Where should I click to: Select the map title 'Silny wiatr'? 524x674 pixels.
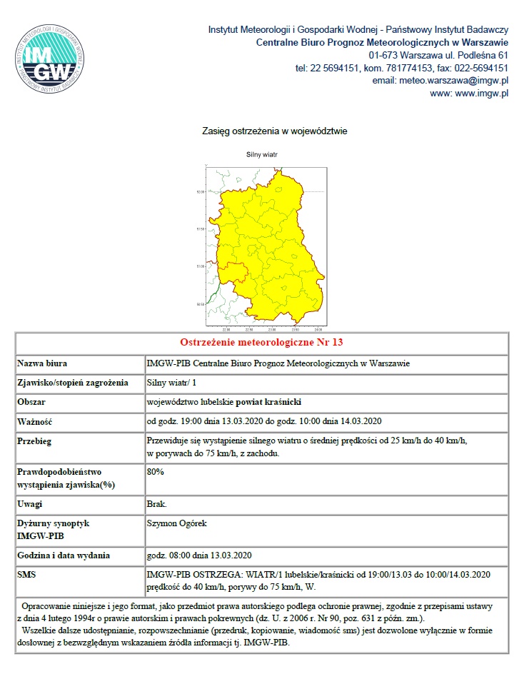pyautogui.click(x=262, y=154)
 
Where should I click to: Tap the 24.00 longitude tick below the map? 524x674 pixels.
pyautogui.click(x=317, y=330)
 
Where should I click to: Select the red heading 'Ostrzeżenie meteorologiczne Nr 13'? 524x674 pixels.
pyautogui.click(x=262, y=343)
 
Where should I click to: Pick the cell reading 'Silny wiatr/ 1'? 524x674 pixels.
pyautogui.click(x=168, y=383)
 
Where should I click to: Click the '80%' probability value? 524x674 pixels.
pyautogui.click(x=155, y=472)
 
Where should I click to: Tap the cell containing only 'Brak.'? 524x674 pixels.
pyautogui.click(x=156, y=504)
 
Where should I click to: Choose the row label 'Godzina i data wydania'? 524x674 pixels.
pyautogui.click(x=64, y=555)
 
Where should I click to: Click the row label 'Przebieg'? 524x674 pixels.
pyautogui.click(x=36, y=441)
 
